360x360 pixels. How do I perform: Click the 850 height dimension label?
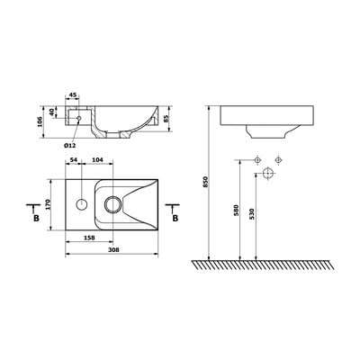(x=205, y=182)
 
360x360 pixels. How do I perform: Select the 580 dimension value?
(x=236, y=211)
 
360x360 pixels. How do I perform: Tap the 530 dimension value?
(x=252, y=214)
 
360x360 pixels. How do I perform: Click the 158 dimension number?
(x=89, y=238)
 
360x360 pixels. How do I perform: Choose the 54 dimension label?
(x=73, y=160)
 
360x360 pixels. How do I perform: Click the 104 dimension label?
(x=97, y=160)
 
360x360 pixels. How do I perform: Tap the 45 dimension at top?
(x=73, y=95)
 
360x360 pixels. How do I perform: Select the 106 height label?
(x=40, y=121)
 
